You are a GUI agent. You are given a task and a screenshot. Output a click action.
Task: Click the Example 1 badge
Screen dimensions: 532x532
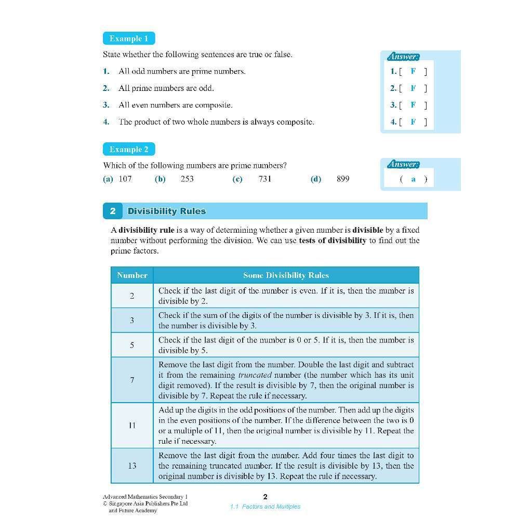(129, 38)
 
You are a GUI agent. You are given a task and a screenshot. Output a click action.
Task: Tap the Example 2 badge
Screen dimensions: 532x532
(129, 150)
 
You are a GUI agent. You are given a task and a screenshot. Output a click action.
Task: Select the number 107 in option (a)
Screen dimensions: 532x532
(125, 179)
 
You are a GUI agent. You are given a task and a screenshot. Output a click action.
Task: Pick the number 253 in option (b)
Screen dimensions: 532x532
(187, 179)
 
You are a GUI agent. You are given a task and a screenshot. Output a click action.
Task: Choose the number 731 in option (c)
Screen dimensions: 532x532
(265, 179)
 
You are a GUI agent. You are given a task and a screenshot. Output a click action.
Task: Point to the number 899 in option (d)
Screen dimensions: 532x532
(343, 179)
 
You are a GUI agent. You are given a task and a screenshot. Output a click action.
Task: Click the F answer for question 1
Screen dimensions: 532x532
(413, 71)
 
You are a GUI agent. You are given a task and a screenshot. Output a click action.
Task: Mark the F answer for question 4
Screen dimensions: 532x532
(413, 122)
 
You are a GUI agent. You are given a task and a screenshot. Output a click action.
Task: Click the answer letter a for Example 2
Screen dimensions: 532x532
(413, 179)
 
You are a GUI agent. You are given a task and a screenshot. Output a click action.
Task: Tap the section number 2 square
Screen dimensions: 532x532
(113, 211)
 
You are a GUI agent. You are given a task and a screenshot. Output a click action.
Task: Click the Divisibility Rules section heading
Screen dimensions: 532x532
(167, 211)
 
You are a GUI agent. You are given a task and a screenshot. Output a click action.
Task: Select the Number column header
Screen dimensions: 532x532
(132, 275)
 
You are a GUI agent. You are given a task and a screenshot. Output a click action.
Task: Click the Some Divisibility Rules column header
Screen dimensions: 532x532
(286, 275)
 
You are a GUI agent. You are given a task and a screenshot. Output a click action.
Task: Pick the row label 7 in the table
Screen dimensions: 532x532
(132, 380)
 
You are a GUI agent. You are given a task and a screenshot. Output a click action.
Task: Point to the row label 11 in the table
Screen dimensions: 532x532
(132, 425)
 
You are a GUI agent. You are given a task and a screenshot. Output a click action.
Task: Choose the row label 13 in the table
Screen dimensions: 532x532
(132, 465)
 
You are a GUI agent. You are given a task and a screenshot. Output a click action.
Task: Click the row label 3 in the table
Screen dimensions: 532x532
(132, 321)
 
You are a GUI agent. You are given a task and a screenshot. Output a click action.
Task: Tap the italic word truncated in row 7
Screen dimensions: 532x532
(255, 375)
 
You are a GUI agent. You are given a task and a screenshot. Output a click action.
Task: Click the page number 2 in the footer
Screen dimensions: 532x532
(265, 497)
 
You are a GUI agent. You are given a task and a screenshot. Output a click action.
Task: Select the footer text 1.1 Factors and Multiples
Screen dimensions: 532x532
(265, 507)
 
